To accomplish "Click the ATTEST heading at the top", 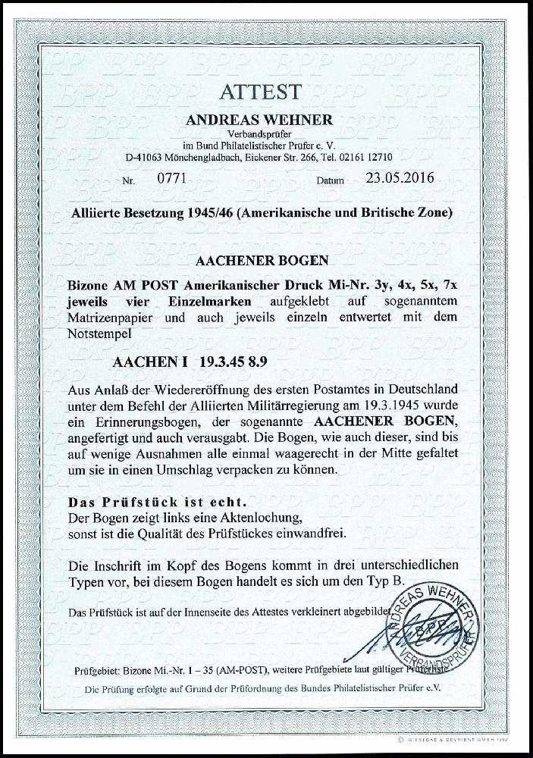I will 261,92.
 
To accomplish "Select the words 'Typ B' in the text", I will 365,581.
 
